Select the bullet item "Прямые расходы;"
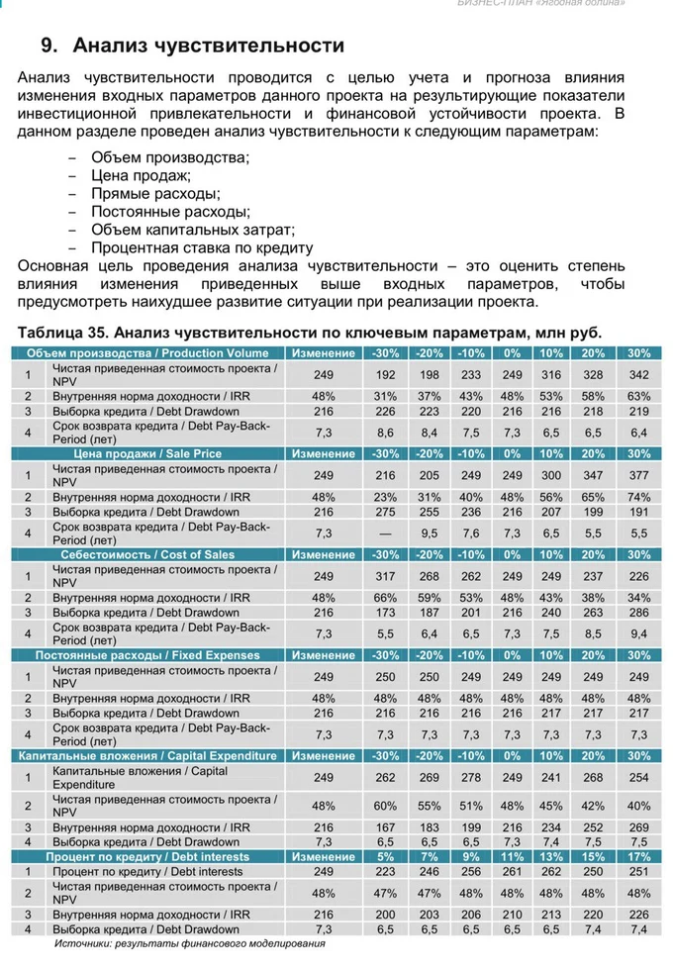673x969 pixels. pos(155,194)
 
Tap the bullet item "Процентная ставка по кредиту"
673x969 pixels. pos(202,247)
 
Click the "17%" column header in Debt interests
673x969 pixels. pos(639,856)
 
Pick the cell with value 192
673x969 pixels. pos(385,374)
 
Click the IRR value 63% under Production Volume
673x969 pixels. pos(639,396)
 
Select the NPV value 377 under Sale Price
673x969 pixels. pos(639,475)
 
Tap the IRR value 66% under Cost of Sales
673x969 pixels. pos(385,598)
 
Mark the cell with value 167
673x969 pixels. pos(385,827)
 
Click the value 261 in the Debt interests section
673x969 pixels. pos(512,871)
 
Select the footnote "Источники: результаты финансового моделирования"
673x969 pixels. pos(189,943)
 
